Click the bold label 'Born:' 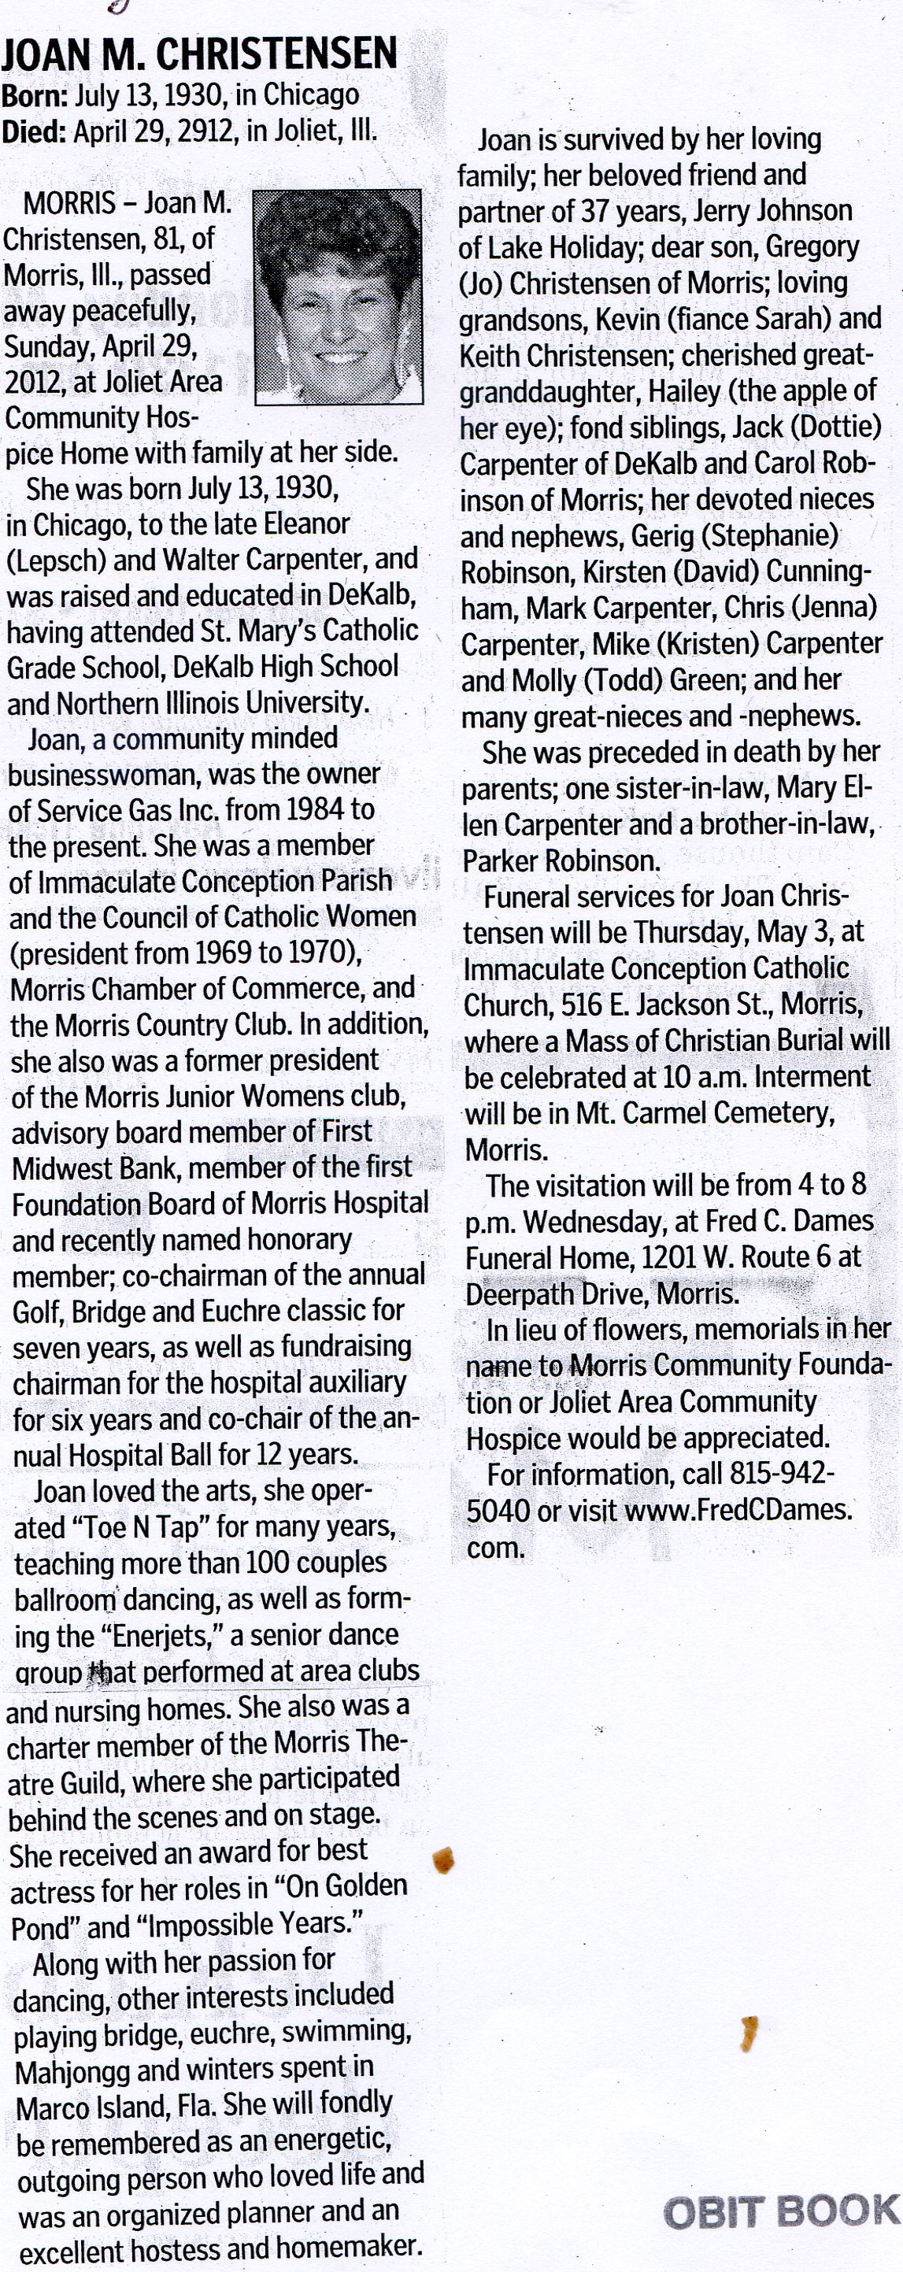(36, 95)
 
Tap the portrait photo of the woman (338, 298)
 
